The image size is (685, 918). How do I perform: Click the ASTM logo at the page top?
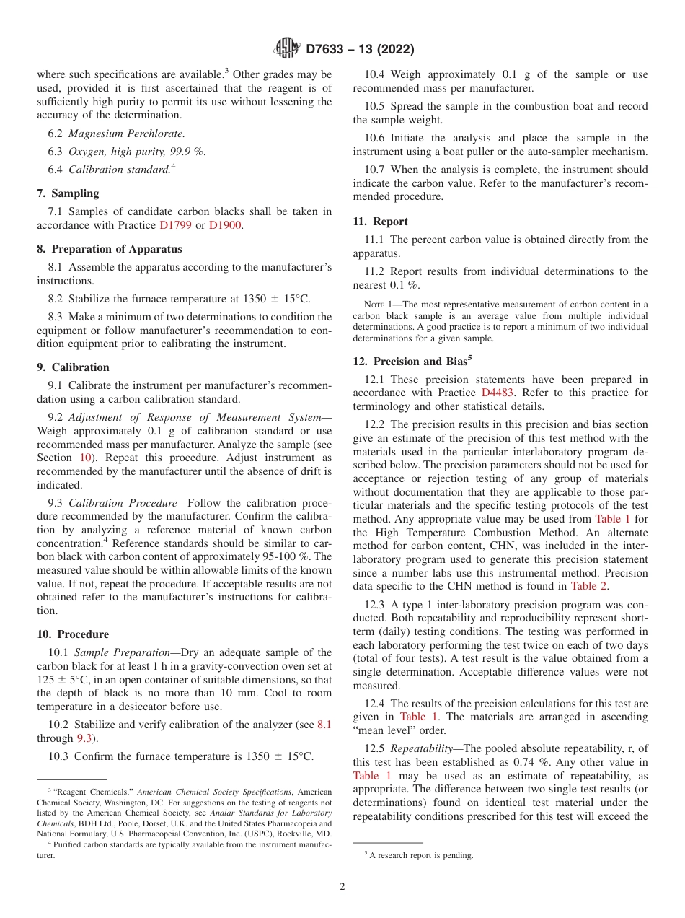click(287, 49)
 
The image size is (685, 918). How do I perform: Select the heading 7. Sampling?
click(68, 193)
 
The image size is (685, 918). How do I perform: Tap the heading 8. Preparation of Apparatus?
click(109, 249)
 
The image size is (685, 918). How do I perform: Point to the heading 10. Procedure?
click(73, 634)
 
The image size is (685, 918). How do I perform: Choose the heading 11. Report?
click(380, 222)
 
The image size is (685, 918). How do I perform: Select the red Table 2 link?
click(589, 586)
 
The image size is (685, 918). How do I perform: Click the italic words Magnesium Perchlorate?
click(126, 134)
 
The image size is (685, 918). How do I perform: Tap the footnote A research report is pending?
click(420, 855)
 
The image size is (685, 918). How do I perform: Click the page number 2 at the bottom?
click(342, 887)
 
